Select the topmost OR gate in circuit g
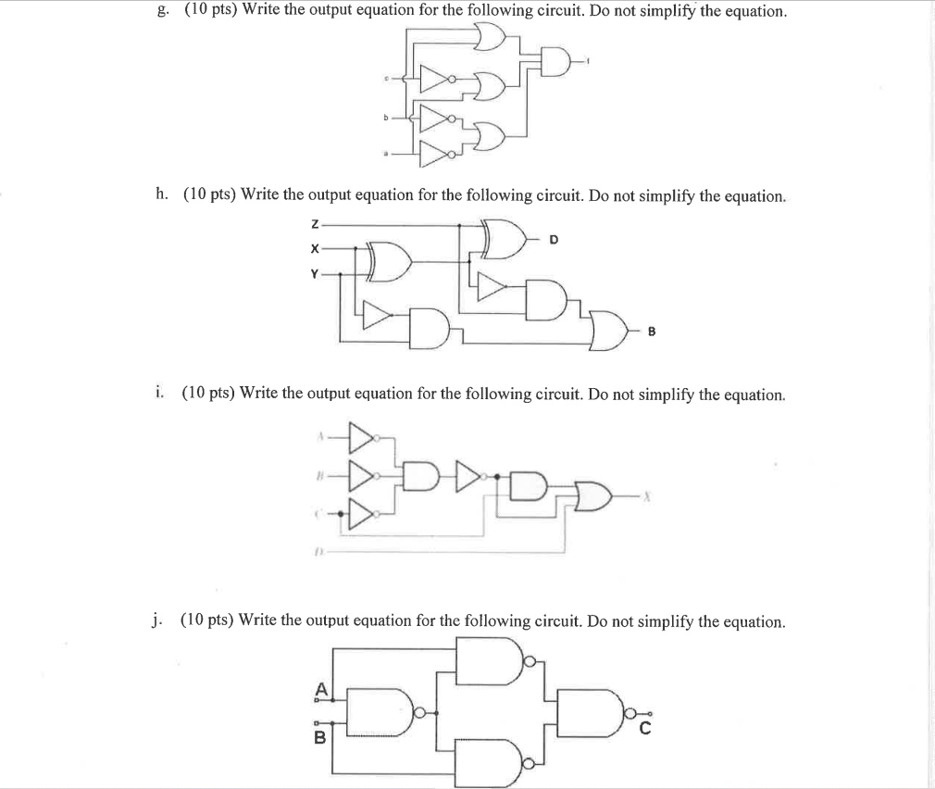tap(489, 37)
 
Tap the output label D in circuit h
tap(554, 241)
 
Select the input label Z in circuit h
tap(316, 225)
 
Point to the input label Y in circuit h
tap(315, 274)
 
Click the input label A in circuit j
tap(320, 688)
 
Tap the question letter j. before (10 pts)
tap(161, 620)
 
